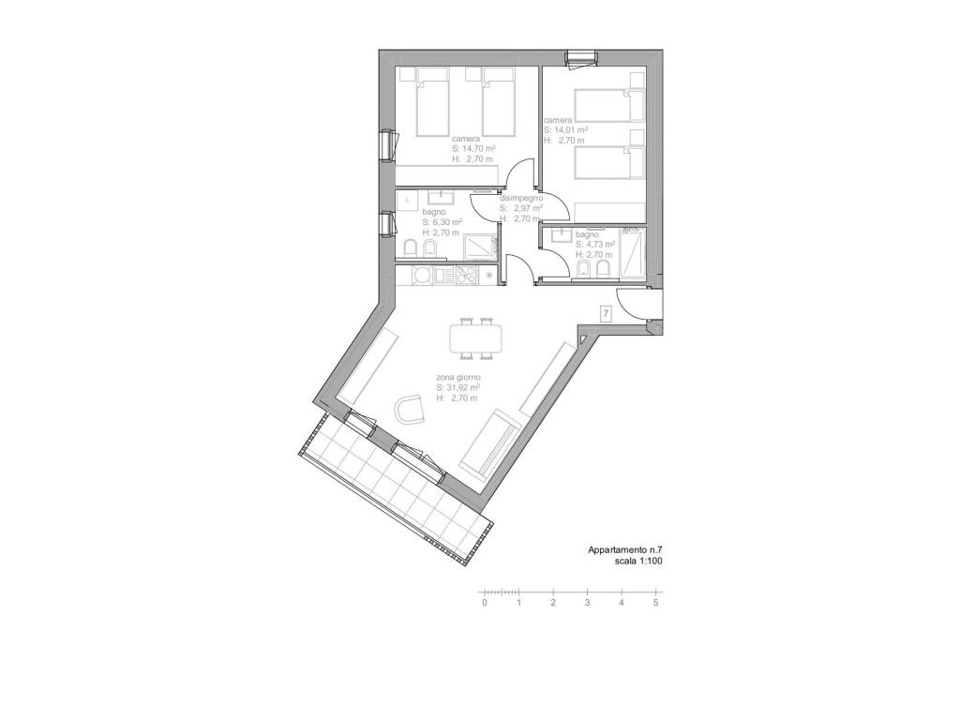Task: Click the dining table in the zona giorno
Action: pos(475,338)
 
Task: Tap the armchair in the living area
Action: pos(410,409)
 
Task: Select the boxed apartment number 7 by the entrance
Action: pos(607,314)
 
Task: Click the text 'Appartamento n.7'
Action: pos(624,549)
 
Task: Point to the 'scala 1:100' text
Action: pos(638,561)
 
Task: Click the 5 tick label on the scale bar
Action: pos(655,603)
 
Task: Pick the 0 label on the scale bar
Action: pos(485,603)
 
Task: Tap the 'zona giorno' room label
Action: pos(457,377)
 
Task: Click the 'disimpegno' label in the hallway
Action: pos(521,199)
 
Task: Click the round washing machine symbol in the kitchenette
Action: pos(423,275)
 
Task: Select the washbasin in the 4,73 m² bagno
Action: pos(562,234)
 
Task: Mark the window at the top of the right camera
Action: pos(580,58)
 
